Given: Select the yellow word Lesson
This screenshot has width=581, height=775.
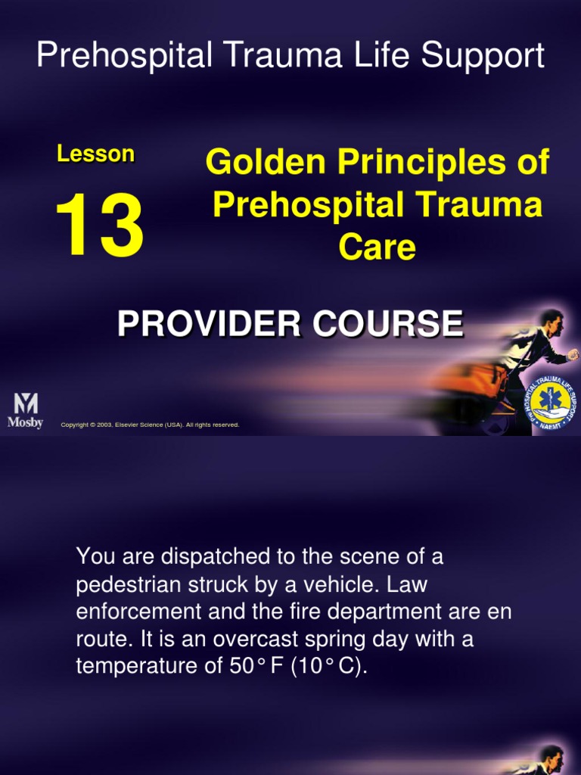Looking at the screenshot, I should (x=96, y=154).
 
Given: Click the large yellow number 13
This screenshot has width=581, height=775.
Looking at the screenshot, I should (x=99, y=226).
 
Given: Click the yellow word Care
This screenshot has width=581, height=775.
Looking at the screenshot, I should (x=377, y=247).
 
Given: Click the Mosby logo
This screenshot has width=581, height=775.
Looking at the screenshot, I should (x=25, y=411).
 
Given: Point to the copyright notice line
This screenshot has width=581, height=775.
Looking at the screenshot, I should (x=150, y=425).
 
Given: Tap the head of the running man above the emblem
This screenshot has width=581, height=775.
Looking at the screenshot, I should (x=552, y=324).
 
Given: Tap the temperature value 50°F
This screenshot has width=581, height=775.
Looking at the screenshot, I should (x=289, y=668).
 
